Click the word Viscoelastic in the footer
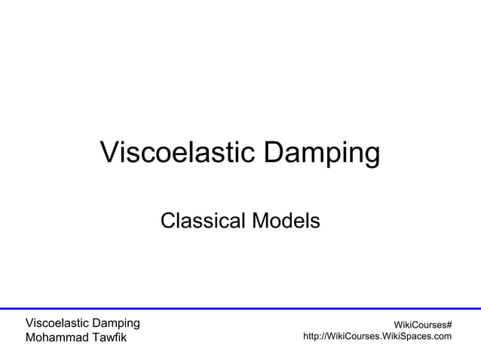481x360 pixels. pos(57,323)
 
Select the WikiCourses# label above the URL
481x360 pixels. pos(418,324)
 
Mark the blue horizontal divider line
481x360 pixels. pos(240,308)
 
